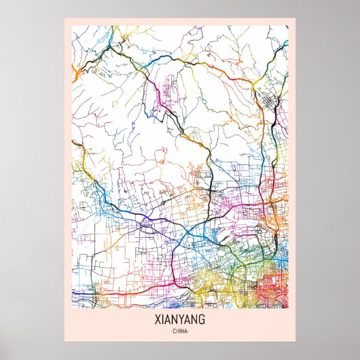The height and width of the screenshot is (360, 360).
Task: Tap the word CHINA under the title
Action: [x=180, y=331]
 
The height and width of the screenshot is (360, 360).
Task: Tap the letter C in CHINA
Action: [x=174, y=331]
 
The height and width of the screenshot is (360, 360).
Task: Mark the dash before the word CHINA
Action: [x=170, y=331]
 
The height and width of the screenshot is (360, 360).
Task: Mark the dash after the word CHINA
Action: [x=190, y=331]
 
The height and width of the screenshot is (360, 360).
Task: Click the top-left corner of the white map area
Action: [x=72, y=26]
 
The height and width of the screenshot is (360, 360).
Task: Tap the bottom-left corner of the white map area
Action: [x=72, y=308]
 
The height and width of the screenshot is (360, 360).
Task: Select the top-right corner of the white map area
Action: [x=288, y=26]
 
